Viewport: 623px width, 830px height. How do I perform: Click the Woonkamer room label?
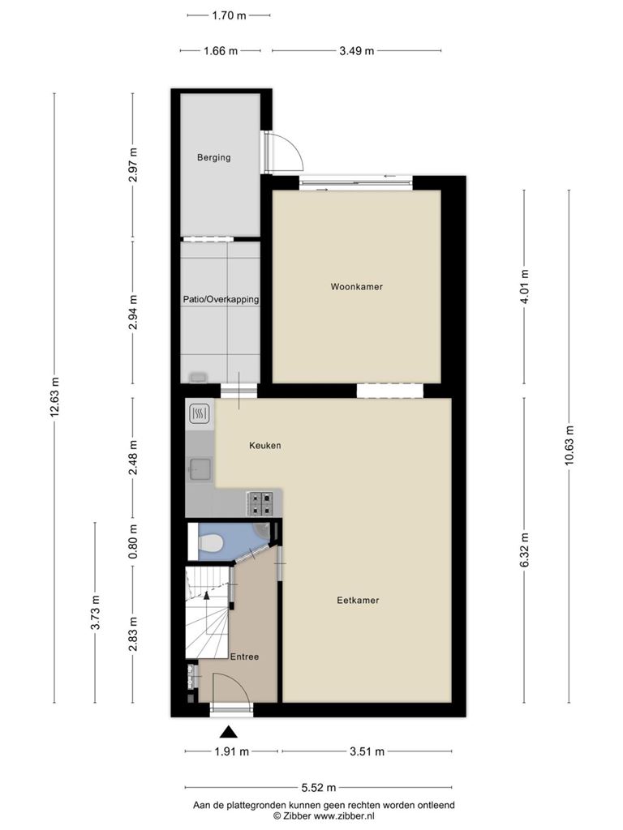click(357, 287)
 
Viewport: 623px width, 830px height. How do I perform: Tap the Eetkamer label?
click(358, 601)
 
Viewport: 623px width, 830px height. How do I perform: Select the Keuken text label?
click(265, 446)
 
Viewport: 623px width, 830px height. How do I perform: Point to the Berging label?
click(214, 157)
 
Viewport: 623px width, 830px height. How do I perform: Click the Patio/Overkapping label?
click(221, 300)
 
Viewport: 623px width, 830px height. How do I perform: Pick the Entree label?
click(245, 657)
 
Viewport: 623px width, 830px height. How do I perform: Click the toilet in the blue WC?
click(211, 542)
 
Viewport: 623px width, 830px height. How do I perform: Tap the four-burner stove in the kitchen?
click(260, 504)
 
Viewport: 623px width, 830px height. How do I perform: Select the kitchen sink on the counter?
click(200, 469)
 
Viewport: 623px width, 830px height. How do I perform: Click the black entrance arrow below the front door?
click(228, 732)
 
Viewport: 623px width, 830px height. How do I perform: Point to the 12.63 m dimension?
click(54, 397)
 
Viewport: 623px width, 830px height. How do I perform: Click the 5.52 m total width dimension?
click(318, 788)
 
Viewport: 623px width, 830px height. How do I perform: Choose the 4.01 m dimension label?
click(525, 286)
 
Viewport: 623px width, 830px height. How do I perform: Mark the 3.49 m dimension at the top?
click(357, 51)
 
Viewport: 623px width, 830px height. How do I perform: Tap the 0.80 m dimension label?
click(133, 541)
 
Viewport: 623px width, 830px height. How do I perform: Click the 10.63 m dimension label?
click(569, 446)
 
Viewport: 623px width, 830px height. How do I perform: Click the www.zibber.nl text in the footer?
click(344, 816)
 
